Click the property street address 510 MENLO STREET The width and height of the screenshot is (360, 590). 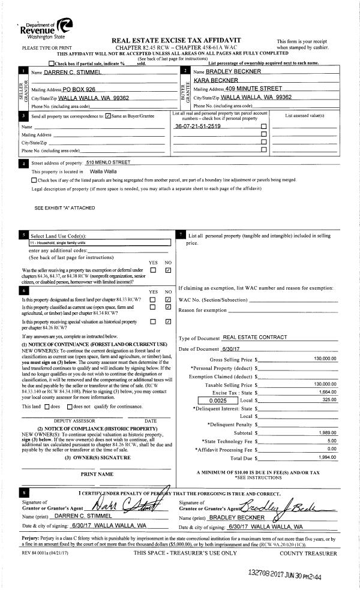[108, 162]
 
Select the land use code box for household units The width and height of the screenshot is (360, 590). [100, 242]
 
